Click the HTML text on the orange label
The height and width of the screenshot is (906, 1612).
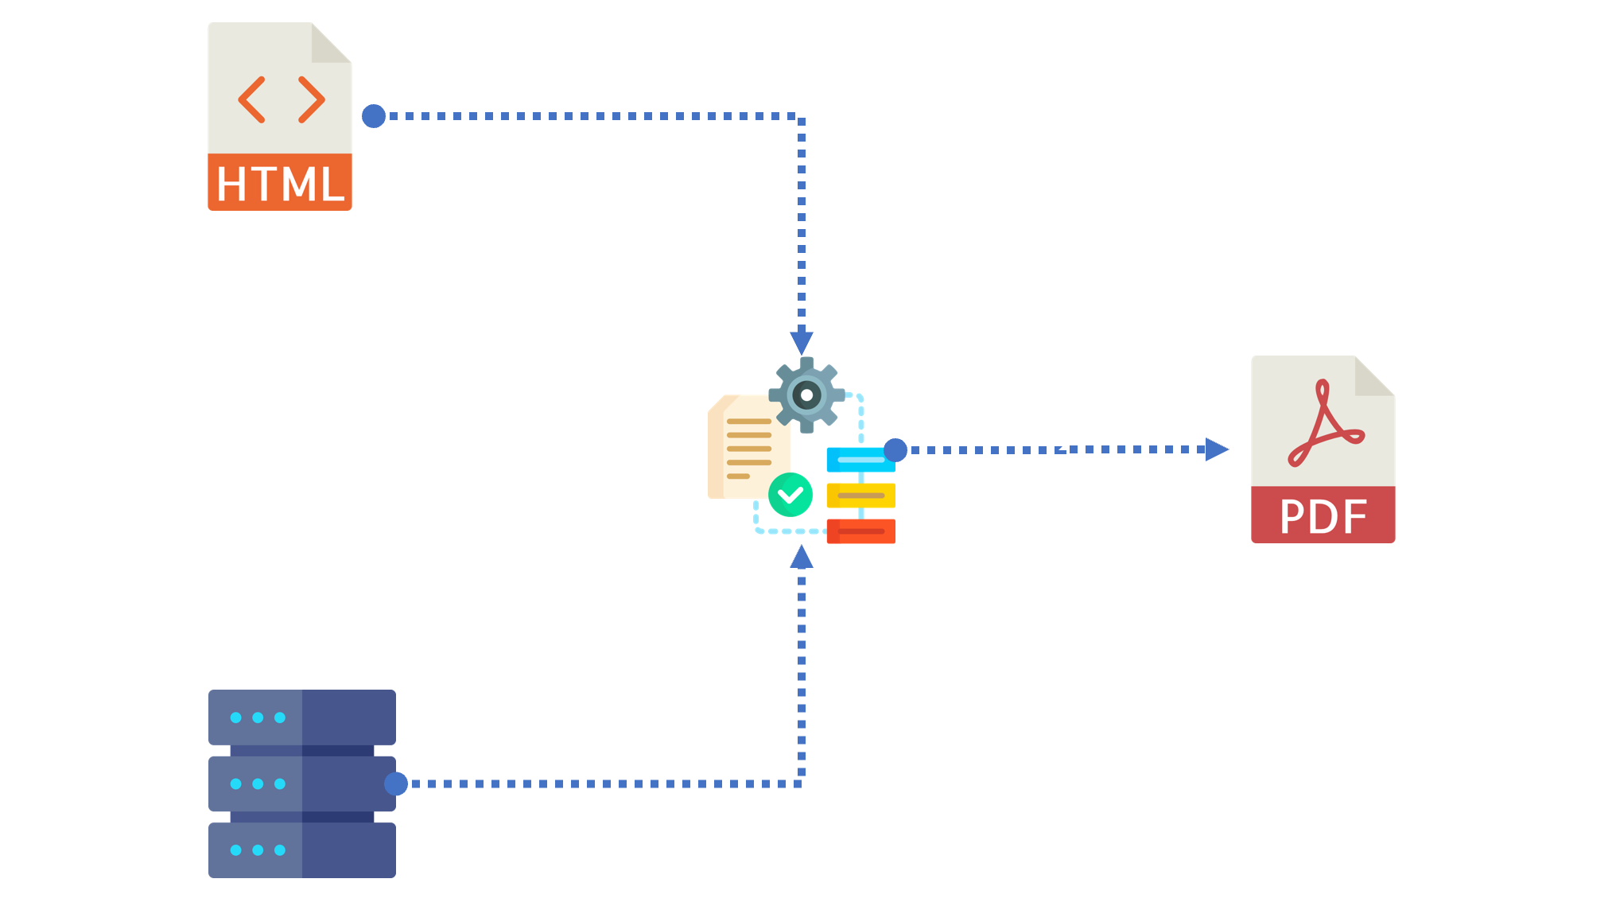point(280,184)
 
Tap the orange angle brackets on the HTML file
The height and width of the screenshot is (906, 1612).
point(282,99)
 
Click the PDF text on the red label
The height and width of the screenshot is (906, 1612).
point(1323,517)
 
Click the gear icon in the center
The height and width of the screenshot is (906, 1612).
point(806,395)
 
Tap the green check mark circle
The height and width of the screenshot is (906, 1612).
point(790,495)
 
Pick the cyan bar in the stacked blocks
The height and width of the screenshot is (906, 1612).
point(861,460)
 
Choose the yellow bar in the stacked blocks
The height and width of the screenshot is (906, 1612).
point(861,496)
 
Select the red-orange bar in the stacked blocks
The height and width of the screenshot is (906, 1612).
point(861,531)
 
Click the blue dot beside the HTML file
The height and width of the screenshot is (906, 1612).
point(374,116)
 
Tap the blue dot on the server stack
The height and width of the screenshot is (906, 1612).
point(396,784)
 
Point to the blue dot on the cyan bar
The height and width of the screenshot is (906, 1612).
point(895,450)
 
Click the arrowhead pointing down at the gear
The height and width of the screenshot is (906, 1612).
point(802,343)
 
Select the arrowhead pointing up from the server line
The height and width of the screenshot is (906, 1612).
point(802,557)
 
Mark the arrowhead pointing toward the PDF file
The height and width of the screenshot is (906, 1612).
point(1217,449)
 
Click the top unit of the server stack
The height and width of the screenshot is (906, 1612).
point(302,717)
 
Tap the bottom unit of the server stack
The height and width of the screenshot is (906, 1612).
point(302,850)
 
